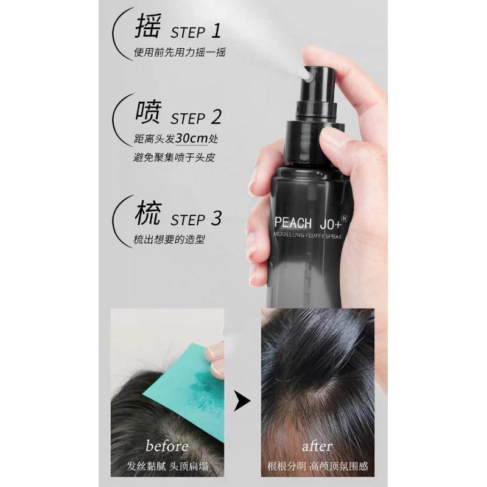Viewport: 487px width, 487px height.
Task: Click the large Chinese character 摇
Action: [x=148, y=27]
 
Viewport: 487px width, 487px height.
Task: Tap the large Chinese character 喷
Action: [x=148, y=112]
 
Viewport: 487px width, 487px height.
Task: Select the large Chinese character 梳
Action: [x=148, y=213]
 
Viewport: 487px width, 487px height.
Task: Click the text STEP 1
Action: [x=195, y=32]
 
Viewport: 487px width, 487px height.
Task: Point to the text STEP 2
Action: [x=196, y=117]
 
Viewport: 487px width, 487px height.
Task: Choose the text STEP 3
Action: [x=196, y=219]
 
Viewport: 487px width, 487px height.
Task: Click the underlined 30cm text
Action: [x=191, y=138]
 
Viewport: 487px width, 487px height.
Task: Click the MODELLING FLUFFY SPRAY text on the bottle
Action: [x=307, y=235]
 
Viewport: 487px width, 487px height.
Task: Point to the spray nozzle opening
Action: [x=308, y=77]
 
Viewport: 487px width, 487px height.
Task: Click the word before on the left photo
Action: [x=167, y=446]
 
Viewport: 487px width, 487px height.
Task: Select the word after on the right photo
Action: [x=317, y=447]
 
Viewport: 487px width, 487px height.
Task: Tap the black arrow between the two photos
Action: [x=241, y=401]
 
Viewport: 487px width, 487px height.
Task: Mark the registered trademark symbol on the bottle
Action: [x=344, y=219]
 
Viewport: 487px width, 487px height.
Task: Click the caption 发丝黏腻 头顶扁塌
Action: [x=167, y=466]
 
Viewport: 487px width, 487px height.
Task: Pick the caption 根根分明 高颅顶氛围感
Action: [x=317, y=466]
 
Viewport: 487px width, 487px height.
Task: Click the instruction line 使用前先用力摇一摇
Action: [x=180, y=52]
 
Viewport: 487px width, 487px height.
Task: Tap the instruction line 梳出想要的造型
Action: [x=169, y=239]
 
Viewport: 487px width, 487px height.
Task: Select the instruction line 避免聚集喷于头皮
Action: [x=174, y=158]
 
